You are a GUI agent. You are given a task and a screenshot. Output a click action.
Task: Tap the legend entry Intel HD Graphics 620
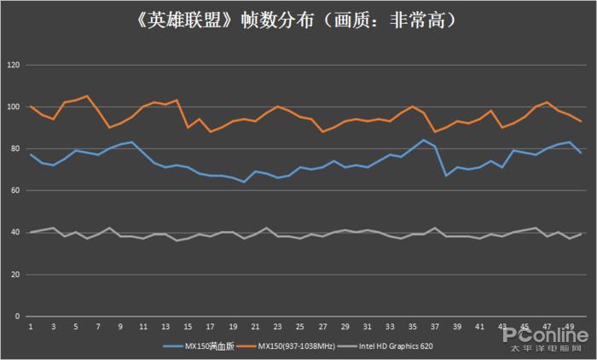point(397,346)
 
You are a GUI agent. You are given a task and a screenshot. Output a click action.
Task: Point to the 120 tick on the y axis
point(13,65)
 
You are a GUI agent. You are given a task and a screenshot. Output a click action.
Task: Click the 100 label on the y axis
point(13,107)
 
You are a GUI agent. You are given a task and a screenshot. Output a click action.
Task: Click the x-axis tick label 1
point(31,327)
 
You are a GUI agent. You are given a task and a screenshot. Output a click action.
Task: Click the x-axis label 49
point(569,327)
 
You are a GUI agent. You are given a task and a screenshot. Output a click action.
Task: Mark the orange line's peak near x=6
point(87,96)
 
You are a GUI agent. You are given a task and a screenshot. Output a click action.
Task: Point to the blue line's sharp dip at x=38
point(446,176)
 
